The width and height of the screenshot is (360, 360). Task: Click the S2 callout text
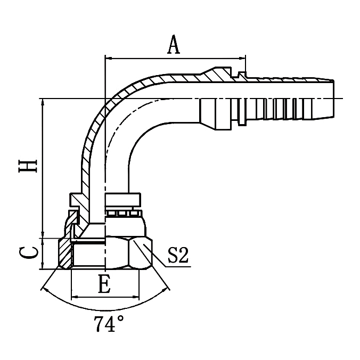178,256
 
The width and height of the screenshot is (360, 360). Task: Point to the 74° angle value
109,324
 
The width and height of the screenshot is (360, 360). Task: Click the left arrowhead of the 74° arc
44,290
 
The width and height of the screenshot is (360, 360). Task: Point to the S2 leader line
160,258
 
